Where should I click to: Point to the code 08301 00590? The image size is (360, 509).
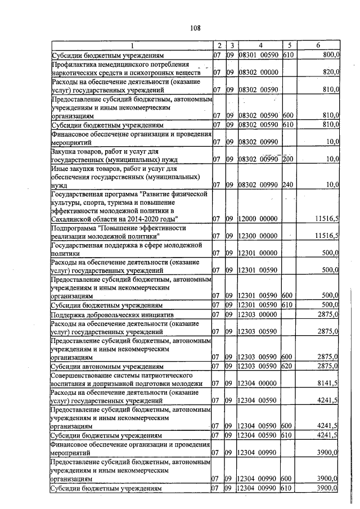(x=258, y=55)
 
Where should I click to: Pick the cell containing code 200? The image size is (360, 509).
(x=288, y=159)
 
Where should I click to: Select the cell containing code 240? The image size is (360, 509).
(x=288, y=184)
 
